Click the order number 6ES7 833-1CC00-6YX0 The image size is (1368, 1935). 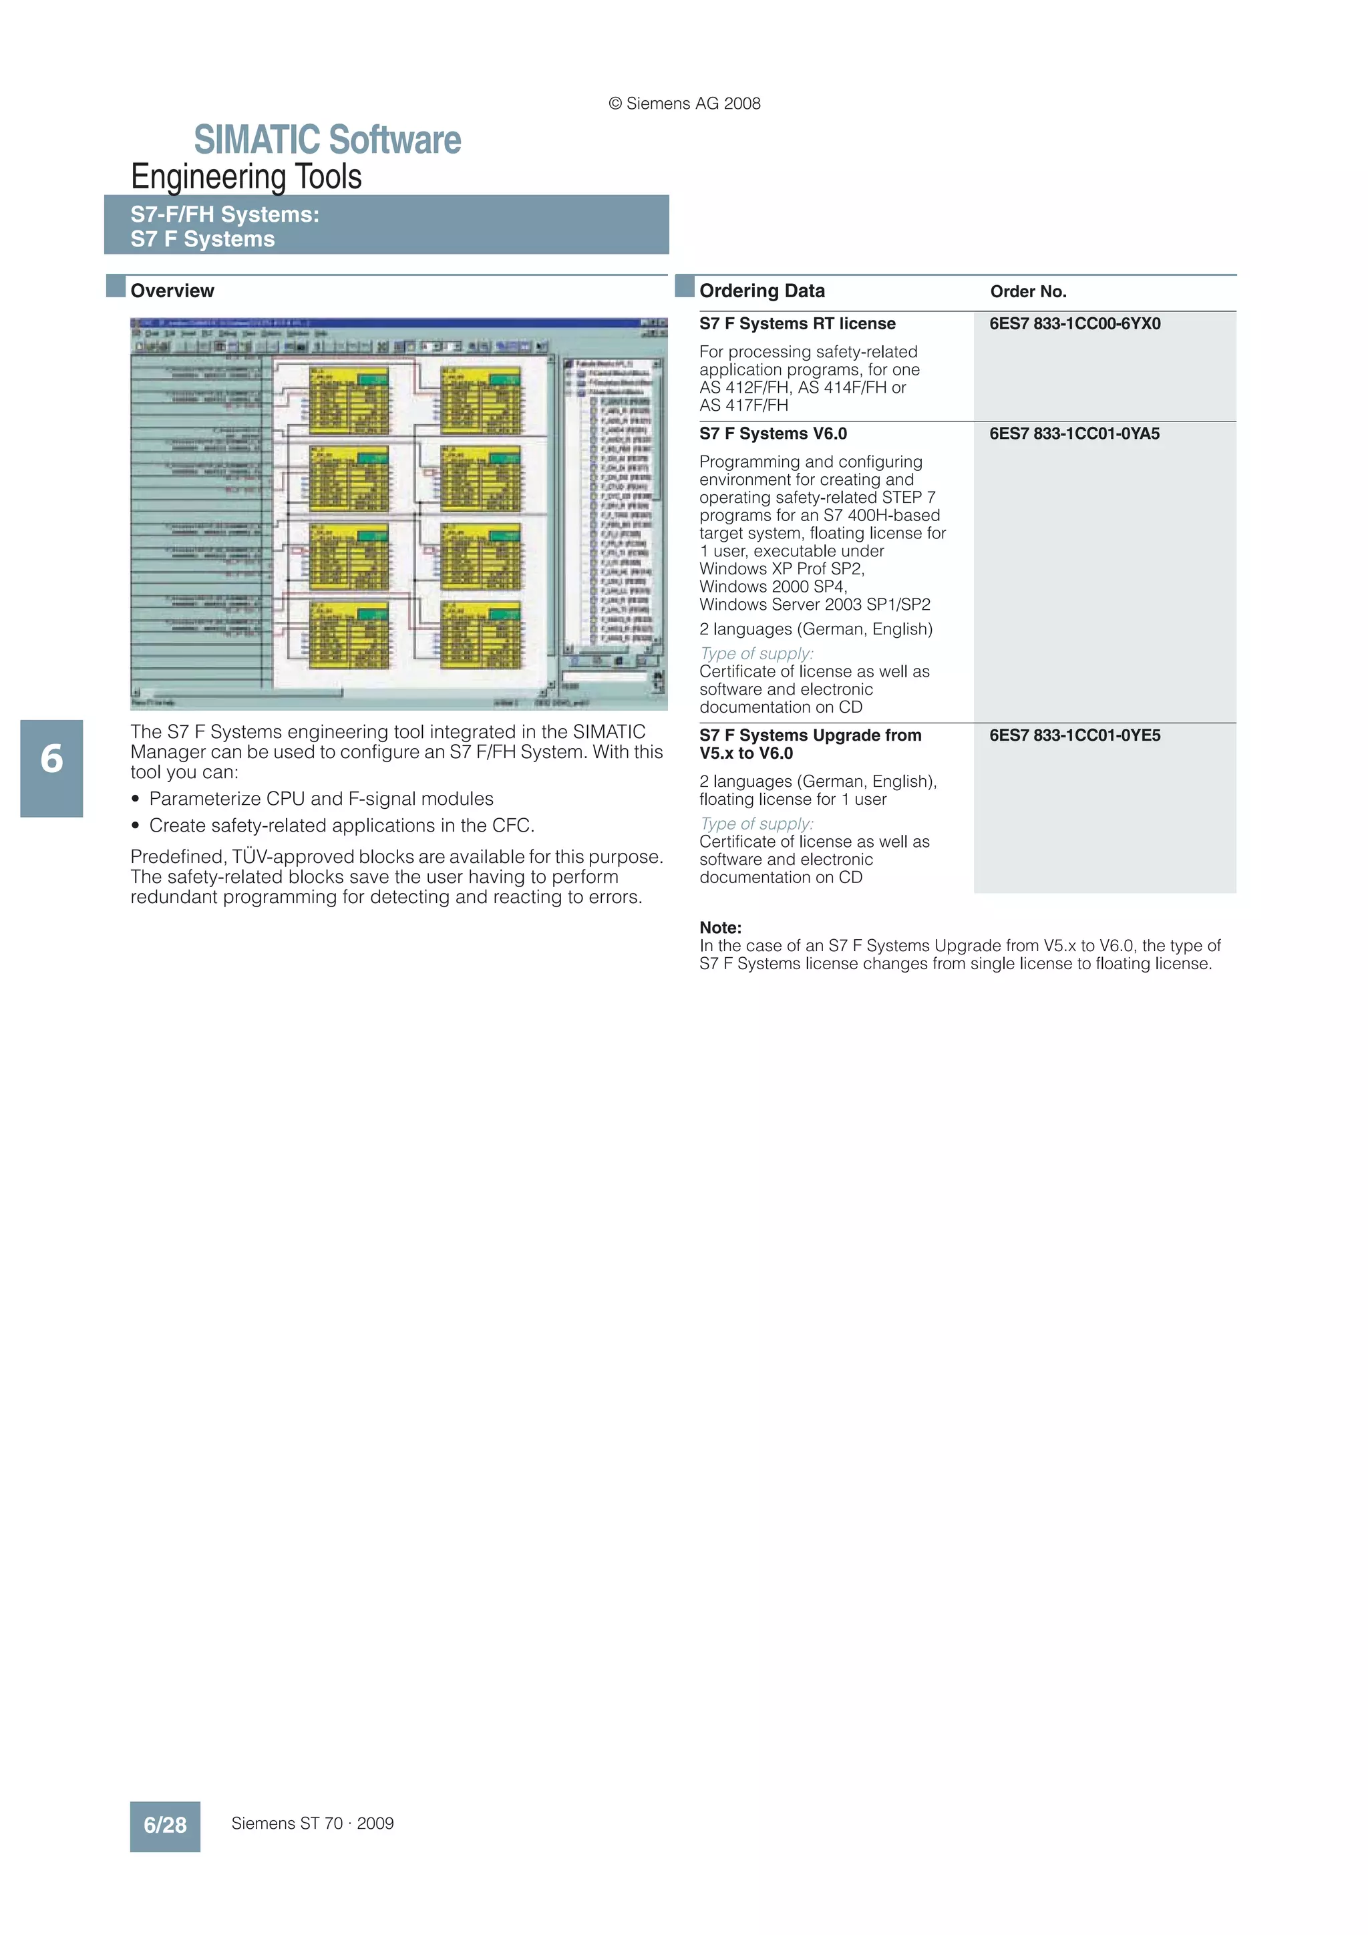pyautogui.click(x=1075, y=324)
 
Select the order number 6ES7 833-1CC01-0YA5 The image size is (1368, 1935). pyautogui.click(x=1075, y=434)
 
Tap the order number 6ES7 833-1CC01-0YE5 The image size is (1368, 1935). pyautogui.click(x=1075, y=736)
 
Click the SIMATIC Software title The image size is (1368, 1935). pyautogui.click(x=327, y=140)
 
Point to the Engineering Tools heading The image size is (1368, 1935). pyautogui.click(x=246, y=177)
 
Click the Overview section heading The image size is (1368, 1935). pyautogui.click(x=172, y=291)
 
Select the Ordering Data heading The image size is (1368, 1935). pyautogui.click(x=762, y=291)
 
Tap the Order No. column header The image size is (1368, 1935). pyautogui.click(x=1028, y=292)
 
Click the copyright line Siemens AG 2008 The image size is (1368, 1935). pyautogui.click(x=685, y=104)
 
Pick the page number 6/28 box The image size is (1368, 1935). pyautogui.click(x=165, y=1825)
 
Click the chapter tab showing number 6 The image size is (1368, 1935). pyautogui.click(x=51, y=759)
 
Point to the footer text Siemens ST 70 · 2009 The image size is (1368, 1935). pyautogui.click(x=313, y=1823)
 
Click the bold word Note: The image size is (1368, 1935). pyautogui.click(x=721, y=928)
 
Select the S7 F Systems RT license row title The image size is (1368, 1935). pyautogui.click(x=798, y=324)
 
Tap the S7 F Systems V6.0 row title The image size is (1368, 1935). pyautogui.click(x=773, y=434)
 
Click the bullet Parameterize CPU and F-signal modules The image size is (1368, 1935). pyautogui.click(x=321, y=799)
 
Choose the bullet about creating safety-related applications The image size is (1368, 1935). pyautogui.click(x=341, y=826)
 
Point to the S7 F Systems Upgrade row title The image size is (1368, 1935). pyautogui.click(x=810, y=744)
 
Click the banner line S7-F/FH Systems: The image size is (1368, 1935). pyautogui.click(x=225, y=215)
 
